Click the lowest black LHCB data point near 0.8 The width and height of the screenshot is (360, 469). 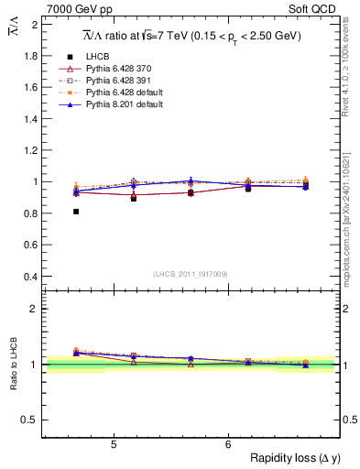tap(76, 212)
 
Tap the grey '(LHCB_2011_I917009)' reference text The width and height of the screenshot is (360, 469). tap(191, 274)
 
